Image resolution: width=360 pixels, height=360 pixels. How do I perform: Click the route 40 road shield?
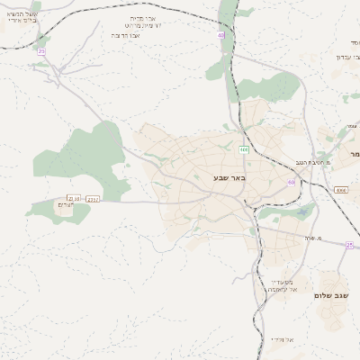click(x=220, y=36)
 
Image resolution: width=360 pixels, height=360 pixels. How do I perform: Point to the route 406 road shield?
click(x=244, y=148)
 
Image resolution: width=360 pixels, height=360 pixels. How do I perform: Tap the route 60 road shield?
click(x=292, y=182)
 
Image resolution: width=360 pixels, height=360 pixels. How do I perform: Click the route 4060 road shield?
click(x=340, y=191)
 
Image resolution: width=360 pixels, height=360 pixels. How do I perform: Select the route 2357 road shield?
click(x=90, y=198)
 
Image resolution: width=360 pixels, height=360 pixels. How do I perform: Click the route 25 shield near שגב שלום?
click(x=348, y=244)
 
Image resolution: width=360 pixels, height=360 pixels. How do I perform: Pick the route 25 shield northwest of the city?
click(x=41, y=51)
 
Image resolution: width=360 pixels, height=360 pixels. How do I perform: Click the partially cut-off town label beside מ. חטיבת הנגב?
click(x=355, y=155)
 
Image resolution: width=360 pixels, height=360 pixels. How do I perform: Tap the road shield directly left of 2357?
click(x=72, y=198)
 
